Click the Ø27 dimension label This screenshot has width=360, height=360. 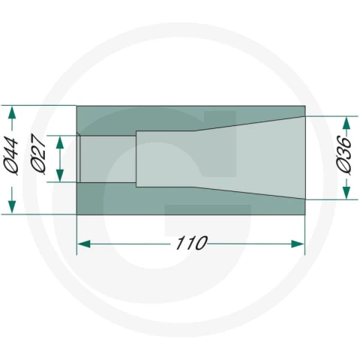[x=38, y=154]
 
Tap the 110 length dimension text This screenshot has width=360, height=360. [x=192, y=243]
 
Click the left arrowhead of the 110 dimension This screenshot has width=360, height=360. [x=84, y=244]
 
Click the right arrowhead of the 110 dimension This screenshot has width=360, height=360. [x=298, y=244]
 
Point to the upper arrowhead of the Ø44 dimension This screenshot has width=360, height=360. [x=12, y=112]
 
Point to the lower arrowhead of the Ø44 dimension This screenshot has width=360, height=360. [x=12, y=207]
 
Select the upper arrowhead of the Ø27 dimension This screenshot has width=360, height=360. [x=60, y=142]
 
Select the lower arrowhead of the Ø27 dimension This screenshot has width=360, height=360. [x=60, y=175]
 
